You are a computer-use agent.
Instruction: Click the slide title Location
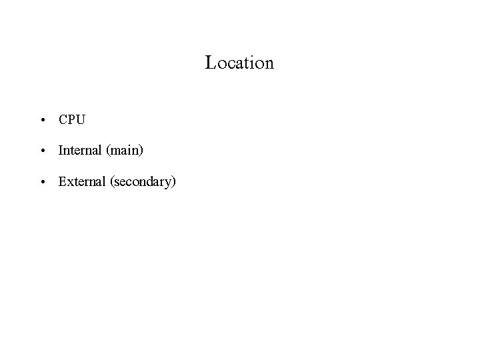point(240,63)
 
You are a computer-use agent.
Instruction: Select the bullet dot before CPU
point(42,121)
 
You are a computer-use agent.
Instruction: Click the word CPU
point(72,120)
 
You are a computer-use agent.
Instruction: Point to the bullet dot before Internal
point(42,151)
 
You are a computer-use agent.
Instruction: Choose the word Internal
point(79,151)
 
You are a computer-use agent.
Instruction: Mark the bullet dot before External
point(42,182)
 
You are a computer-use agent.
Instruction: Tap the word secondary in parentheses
point(141,182)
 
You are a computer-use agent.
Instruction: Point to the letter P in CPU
point(72,120)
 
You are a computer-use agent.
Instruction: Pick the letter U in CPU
point(81,120)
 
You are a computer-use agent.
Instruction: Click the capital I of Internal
point(61,151)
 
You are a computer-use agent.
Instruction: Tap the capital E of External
point(63,181)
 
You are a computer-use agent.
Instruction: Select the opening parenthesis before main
point(107,151)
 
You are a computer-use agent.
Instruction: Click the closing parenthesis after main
point(141,151)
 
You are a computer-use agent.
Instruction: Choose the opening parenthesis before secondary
point(109,182)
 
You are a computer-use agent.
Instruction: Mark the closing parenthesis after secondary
point(173,182)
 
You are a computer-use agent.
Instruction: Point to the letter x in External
point(69,182)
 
